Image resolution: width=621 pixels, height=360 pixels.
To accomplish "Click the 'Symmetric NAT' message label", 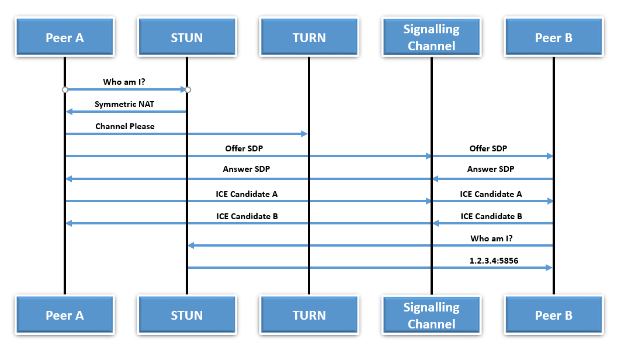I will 124,104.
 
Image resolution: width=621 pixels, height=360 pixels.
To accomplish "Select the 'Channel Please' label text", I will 125,126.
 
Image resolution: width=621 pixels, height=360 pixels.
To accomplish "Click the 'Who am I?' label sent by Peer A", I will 124,82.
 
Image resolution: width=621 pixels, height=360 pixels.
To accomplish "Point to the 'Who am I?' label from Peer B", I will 492,238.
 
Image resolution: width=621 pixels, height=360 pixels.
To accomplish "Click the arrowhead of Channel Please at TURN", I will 304,134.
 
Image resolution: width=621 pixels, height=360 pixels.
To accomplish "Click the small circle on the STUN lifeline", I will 188,89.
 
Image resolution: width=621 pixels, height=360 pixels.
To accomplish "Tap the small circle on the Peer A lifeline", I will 65,89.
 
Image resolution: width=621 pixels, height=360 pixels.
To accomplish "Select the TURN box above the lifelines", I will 309,37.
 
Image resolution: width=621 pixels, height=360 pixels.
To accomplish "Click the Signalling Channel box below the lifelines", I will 431,315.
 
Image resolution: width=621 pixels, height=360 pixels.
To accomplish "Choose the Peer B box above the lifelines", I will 553,37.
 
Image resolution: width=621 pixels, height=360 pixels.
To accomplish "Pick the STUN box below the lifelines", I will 186,315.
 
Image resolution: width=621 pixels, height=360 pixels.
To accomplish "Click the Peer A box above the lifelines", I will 64,37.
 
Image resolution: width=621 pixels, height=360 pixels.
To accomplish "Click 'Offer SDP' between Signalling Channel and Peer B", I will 488,148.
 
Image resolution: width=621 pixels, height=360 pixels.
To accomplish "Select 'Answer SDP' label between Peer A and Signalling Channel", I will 246,169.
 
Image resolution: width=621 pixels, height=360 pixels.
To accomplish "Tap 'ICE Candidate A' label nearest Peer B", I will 491,194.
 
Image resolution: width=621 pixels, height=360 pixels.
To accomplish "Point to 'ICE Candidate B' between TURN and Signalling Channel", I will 247,216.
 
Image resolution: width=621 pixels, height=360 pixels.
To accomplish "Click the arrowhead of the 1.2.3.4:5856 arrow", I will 549,268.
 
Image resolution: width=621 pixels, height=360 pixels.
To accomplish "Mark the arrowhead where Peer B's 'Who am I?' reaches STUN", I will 190,245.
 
